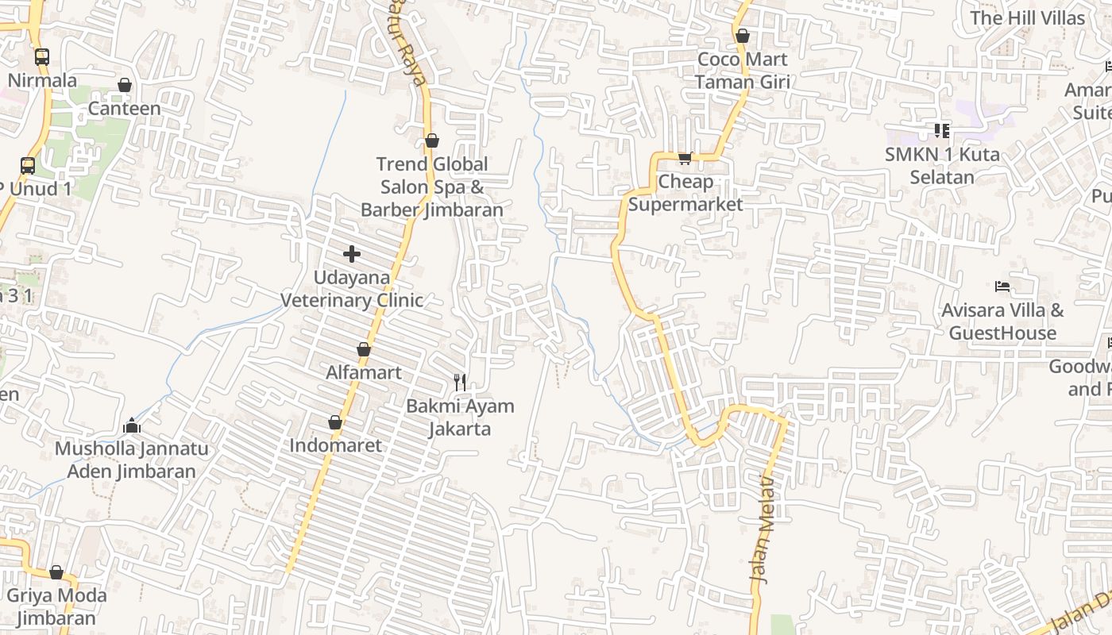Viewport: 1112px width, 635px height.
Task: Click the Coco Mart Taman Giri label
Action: pyautogui.click(x=742, y=71)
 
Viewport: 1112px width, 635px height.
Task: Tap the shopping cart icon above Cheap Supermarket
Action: pyautogui.click(x=685, y=158)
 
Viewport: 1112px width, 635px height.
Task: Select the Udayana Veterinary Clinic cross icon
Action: pyautogui.click(x=352, y=254)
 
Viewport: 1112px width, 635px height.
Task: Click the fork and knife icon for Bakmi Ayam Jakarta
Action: pyautogui.click(x=460, y=382)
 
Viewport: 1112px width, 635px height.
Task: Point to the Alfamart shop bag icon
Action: pyautogui.click(x=364, y=349)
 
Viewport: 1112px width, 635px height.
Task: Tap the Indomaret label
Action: pyautogui.click(x=335, y=445)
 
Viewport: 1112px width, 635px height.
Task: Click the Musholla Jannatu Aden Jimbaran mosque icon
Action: pyautogui.click(x=132, y=426)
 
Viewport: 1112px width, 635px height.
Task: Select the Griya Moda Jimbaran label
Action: pyautogui.click(x=56, y=606)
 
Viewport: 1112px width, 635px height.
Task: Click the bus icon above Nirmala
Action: pyautogui.click(x=42, y=57)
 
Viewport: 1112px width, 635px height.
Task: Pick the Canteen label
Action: pyautogui.click(x=124, y=108)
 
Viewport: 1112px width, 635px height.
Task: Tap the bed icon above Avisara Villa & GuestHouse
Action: pyautogui.click(x=1002, y=287)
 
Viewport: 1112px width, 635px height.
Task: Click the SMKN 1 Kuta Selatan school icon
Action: pyautogui.click(x=942, y=130)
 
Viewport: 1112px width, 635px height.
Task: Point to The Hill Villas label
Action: pyautogui.click(x=1027, y=17)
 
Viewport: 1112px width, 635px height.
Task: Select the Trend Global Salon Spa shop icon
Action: pyautogui.click(x=432, y=141)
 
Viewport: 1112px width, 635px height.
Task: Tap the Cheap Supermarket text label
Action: pyautogui.click(x=685, y=193)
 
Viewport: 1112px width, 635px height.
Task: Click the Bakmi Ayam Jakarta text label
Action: pyautogui.click(x=460, y=418)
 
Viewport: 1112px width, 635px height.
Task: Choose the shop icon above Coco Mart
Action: pyautogui.click(x=743, y=36)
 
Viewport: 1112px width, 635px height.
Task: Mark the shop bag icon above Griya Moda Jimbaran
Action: pyautogui.click(x=56, y=572)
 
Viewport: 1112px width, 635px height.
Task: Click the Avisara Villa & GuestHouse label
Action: pyautogui.click(x=1002, y=321)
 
